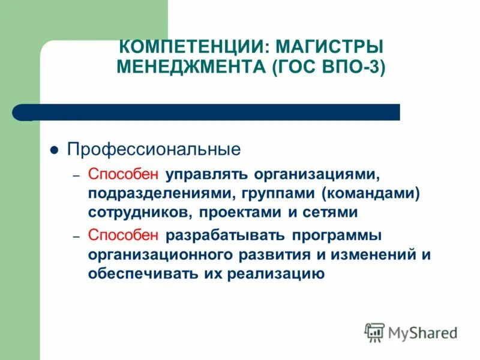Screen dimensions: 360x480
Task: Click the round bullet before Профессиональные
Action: pos(53,150)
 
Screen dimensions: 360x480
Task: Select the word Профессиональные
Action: pos(154,149)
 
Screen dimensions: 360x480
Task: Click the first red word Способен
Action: pos(124,174)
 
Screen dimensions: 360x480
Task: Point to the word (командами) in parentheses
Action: pos(369,193)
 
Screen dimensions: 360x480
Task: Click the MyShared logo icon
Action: pos(374,331)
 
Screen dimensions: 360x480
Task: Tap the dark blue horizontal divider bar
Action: pos(216,112)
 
